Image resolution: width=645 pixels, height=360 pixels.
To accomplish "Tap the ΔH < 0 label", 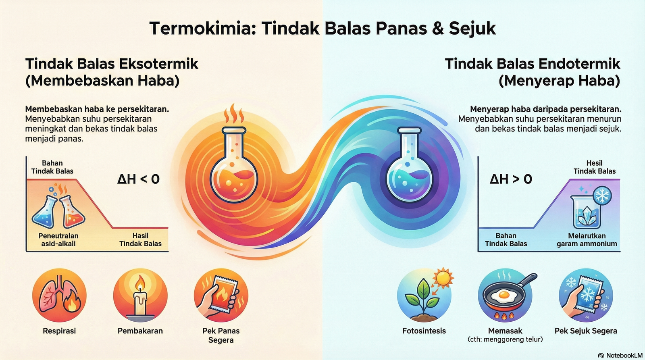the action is pyautogui.click(x=138, y=179).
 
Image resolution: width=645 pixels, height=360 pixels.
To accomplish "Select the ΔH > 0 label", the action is pyautogui.click(x=511, y=179).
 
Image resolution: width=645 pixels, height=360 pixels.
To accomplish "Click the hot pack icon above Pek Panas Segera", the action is pyautogui.click(x=221, y=295).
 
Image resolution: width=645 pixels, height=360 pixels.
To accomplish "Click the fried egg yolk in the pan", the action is pyautogui.click(x=504, y=295).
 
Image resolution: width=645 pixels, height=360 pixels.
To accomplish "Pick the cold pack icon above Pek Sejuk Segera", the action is pyautogui.click(x=586, y=295).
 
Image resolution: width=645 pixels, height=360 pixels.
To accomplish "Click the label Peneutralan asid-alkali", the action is pyautogui.click(x=58, y=239).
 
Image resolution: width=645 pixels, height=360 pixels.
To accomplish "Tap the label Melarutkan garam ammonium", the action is pyautogui.click(x=587, y=239).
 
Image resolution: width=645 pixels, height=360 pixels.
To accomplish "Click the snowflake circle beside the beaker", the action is pyautogui.click(x=602, y=196).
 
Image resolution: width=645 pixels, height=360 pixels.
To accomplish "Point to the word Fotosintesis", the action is pyautogui.click(x=424, y=331).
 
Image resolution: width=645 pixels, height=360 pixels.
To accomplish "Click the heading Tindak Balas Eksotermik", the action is pyautogui.click(x=112, y=64).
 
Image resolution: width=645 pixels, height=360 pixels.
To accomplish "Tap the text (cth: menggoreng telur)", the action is pyautogui.click(x=505, y=339).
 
